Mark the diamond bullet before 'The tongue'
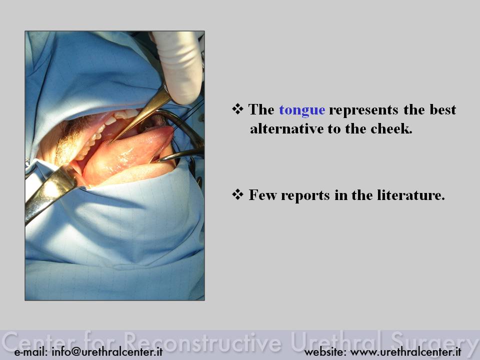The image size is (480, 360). pyautogui.click(x=237, y=108)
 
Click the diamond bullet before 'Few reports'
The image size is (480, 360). pyautogui.click(x=237, y=194)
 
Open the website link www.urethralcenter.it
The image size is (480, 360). pyautogui.click(x=405, y=351)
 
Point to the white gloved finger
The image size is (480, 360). pyautogui.click(x=179, y=66)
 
